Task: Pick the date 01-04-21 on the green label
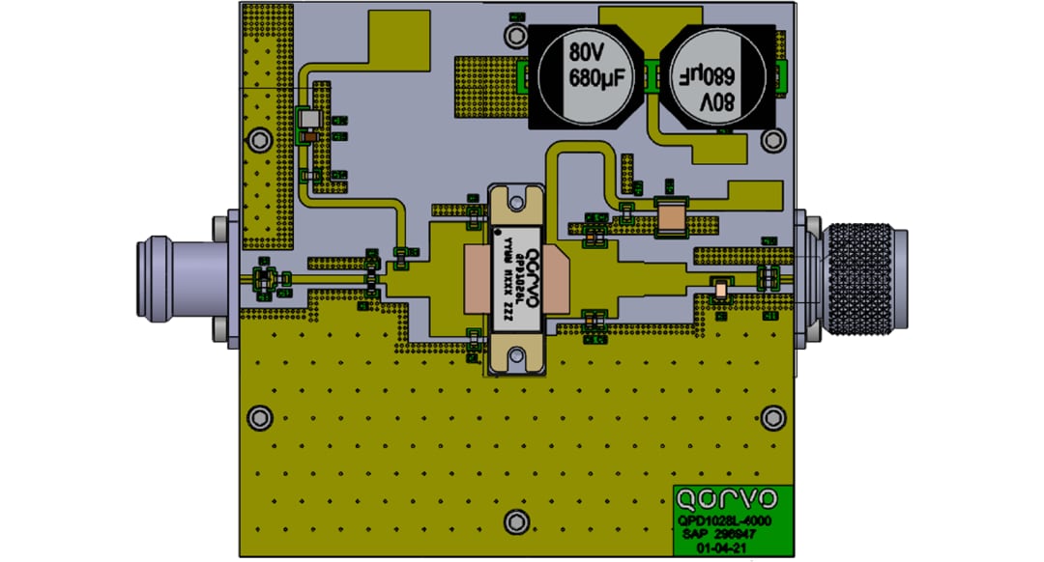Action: click(727, 546)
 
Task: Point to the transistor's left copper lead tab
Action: click(479, 279)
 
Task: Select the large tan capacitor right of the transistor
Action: click(670, 217)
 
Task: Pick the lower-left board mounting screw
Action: click(258, 417)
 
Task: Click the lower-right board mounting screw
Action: click(771, 417)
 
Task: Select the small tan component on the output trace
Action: click(720, 288)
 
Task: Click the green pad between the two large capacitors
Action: click(651, 74)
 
